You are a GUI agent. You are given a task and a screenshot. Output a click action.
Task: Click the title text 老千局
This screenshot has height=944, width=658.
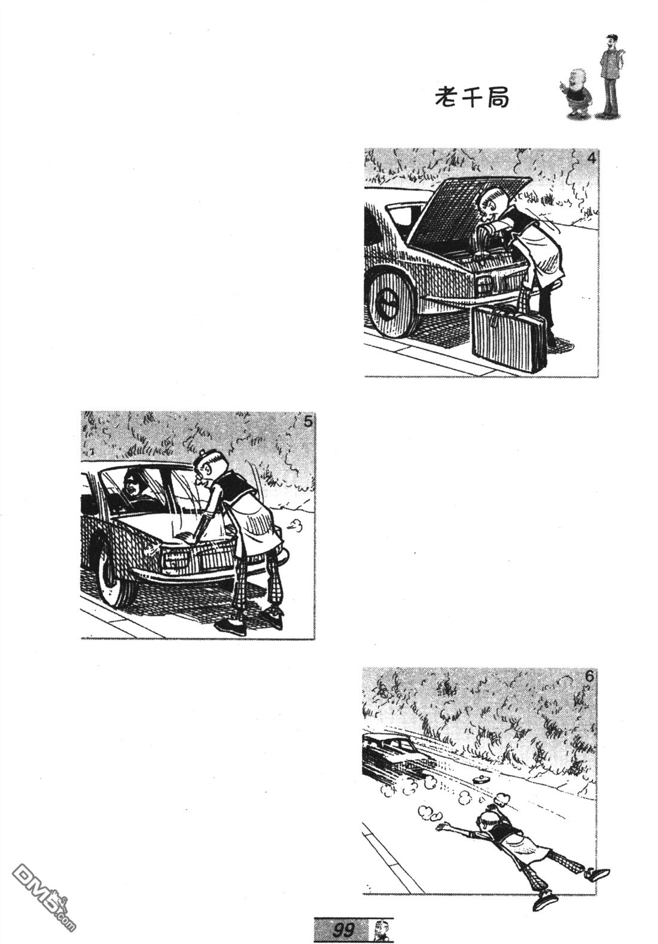(471, 98)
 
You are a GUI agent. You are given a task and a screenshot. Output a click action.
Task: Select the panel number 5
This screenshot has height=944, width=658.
(307, 422)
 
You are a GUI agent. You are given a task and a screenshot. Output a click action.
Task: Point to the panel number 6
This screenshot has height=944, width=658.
(589, 677)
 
